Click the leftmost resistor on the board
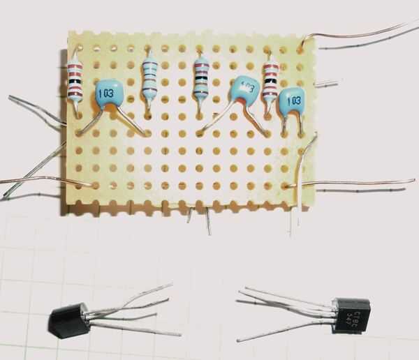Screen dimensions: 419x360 75,77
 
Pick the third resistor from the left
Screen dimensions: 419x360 201,77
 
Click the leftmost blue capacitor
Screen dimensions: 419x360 109,93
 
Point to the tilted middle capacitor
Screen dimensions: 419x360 244,89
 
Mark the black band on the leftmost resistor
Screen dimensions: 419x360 75,82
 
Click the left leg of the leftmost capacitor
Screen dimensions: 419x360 92,123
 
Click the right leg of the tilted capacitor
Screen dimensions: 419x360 256,121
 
